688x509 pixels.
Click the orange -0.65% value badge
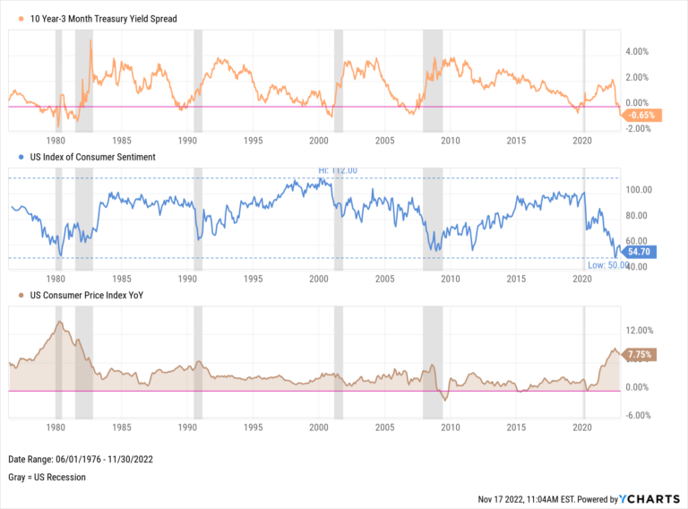(641, 116)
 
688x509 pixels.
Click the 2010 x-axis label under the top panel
(449, 141)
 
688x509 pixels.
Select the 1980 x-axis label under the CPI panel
(56, 427)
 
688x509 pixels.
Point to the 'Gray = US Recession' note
(47, 477)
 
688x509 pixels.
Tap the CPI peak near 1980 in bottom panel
(59, 322)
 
